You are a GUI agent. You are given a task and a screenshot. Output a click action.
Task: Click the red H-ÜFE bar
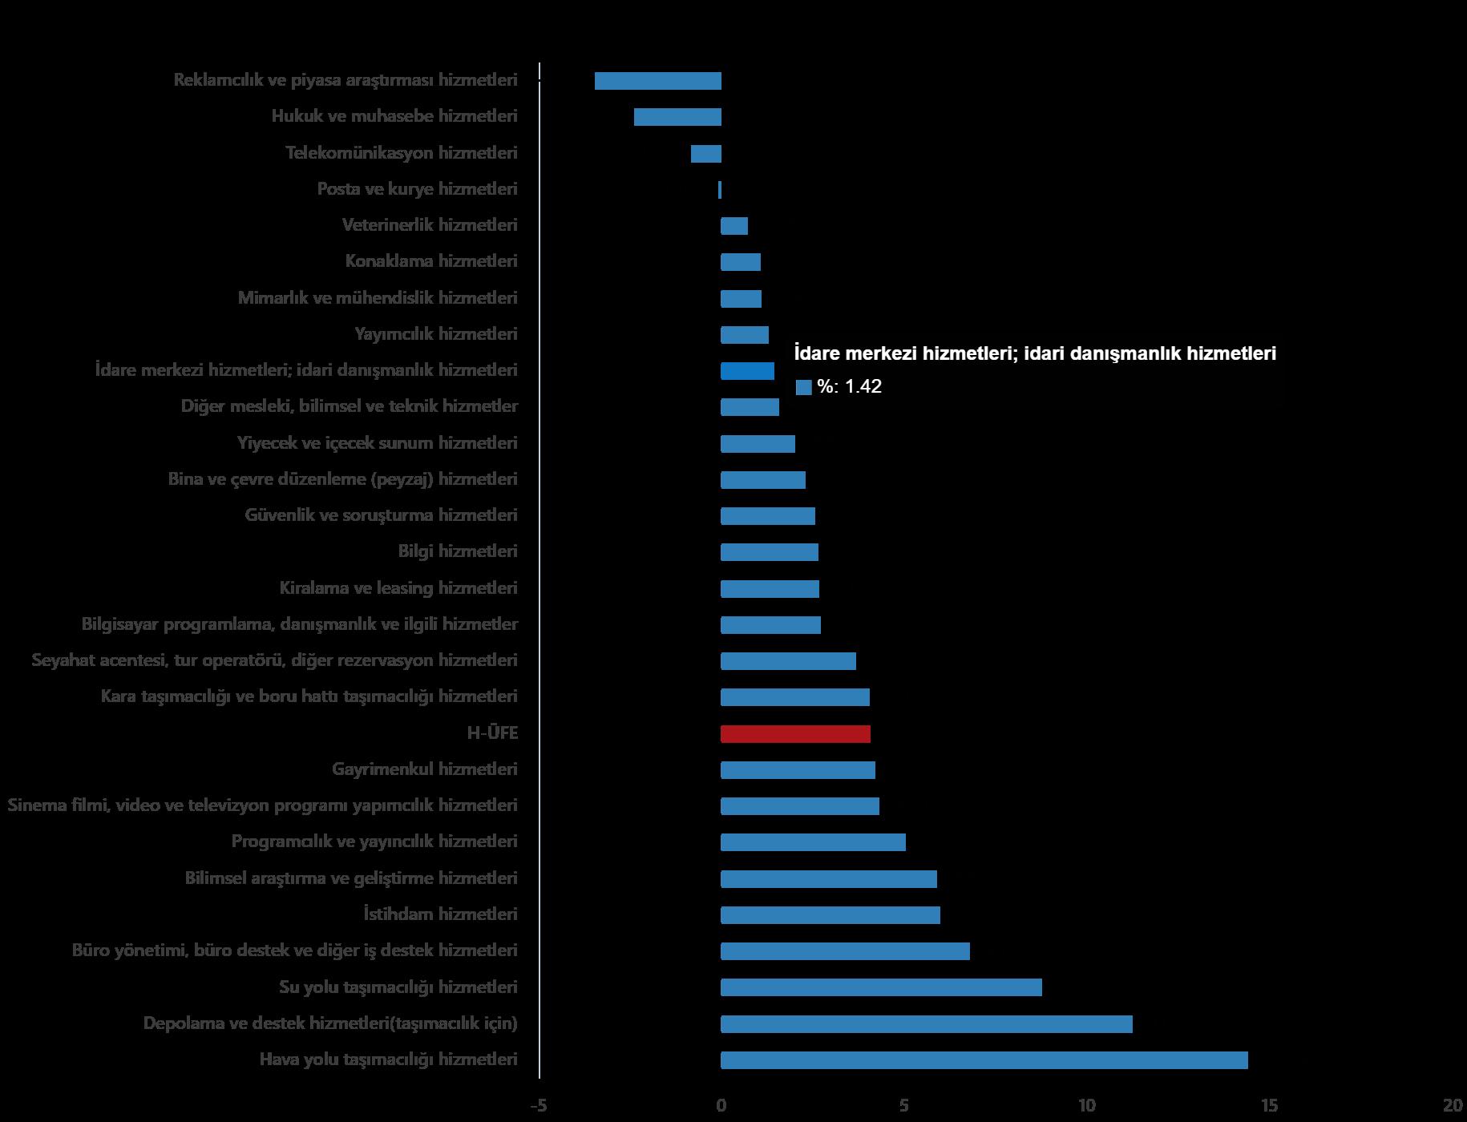(795, 733)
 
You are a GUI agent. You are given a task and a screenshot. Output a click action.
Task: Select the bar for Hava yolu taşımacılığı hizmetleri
(984, 1060)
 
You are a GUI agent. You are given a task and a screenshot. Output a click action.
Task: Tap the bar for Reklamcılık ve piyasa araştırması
(657, 81)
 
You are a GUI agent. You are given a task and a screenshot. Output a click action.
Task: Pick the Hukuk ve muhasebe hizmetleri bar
(677, 117)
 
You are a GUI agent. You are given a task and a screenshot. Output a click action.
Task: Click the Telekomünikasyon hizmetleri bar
(705, 154)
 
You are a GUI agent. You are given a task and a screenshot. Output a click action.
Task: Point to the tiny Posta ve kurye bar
(720, 190)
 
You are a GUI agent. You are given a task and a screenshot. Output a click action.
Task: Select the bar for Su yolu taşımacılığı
(881, 987)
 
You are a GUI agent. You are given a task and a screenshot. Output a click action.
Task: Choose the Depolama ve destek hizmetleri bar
(926, 1024)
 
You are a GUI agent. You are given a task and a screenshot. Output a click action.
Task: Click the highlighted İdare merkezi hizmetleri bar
(747, 371)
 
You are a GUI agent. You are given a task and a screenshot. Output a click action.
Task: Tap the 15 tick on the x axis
(1269, 1106)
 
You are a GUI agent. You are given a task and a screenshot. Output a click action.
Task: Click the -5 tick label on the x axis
(538, 1106)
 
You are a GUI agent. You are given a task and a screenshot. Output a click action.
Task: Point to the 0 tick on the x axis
(721, 1106)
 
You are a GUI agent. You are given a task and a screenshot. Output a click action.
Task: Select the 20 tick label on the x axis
(1453, 1106)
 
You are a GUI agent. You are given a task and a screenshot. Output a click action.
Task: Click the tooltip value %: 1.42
(849, 387)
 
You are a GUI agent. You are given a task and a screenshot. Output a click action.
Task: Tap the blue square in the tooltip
(803, 388)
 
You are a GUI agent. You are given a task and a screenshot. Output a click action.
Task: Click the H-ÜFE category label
(492, 733)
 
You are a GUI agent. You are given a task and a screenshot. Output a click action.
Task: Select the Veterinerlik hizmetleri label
(430, 225)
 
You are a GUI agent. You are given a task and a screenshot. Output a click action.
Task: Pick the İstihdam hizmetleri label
(440, 914)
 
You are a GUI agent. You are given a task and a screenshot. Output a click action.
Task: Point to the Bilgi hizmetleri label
(458, 551)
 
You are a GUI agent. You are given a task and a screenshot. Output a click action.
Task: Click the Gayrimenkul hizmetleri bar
(798, 770)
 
